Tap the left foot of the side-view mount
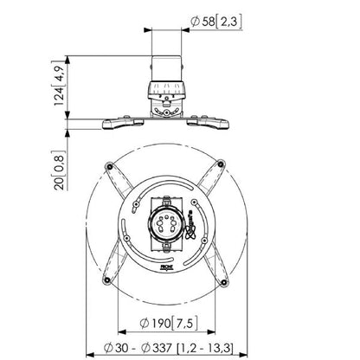point(111,122)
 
